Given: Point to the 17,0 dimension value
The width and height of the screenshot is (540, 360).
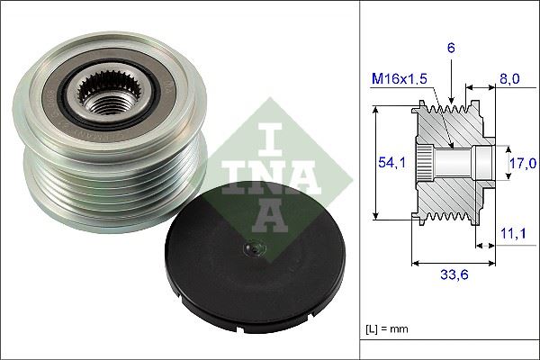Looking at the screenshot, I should point(524,163).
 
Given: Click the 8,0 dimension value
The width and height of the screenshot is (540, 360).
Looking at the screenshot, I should point(509,79).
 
